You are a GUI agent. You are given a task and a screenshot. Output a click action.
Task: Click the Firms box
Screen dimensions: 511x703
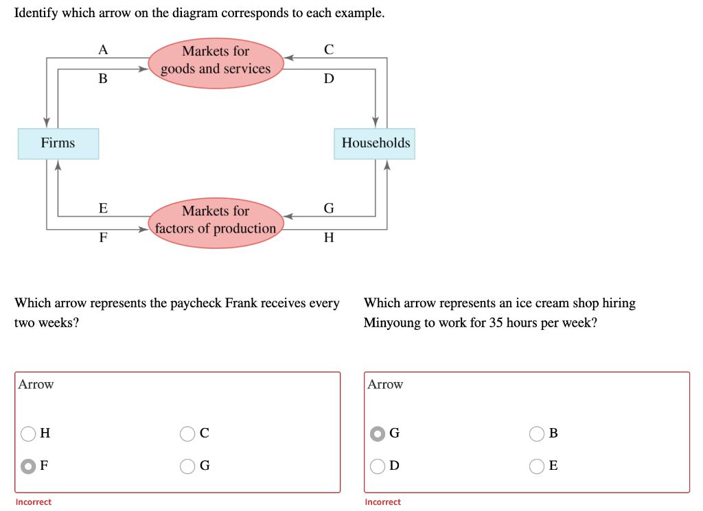(x=58, y=143)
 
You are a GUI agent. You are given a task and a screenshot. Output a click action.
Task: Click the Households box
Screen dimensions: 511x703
(x=375, y=143)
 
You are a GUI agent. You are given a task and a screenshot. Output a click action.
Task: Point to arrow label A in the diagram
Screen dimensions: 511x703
(x=103, y=49)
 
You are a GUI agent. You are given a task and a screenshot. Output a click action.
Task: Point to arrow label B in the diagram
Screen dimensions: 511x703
(x=103, y=79)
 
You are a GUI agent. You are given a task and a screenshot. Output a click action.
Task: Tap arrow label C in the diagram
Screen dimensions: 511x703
(x=329, y=49)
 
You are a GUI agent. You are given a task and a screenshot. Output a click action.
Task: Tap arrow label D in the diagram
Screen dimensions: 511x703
(x=329, y=79)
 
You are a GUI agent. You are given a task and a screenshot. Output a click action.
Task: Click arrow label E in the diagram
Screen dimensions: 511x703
(x=103, y=209)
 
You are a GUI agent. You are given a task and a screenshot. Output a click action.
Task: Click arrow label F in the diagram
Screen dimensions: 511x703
(x=103, y=238)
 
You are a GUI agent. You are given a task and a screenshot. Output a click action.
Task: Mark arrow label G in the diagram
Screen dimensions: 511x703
(x=329, y=209)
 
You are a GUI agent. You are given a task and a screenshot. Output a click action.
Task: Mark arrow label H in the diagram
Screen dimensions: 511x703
(x=329, y=238)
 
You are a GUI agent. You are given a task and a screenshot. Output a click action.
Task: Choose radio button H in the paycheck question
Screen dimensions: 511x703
(x=28, y=433)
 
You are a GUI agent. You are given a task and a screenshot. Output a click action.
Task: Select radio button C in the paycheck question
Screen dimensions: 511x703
(x=188, y=433)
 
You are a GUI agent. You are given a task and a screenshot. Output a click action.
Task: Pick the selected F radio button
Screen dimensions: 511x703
(x=28, y=466)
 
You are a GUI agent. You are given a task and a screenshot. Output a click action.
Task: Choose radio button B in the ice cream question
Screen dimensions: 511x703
(x=538, y=433)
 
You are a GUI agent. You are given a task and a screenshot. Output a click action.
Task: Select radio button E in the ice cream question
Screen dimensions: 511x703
(x=538, y=466)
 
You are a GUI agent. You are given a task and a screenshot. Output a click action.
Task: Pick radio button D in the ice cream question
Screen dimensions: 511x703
(x=377, y=466)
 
